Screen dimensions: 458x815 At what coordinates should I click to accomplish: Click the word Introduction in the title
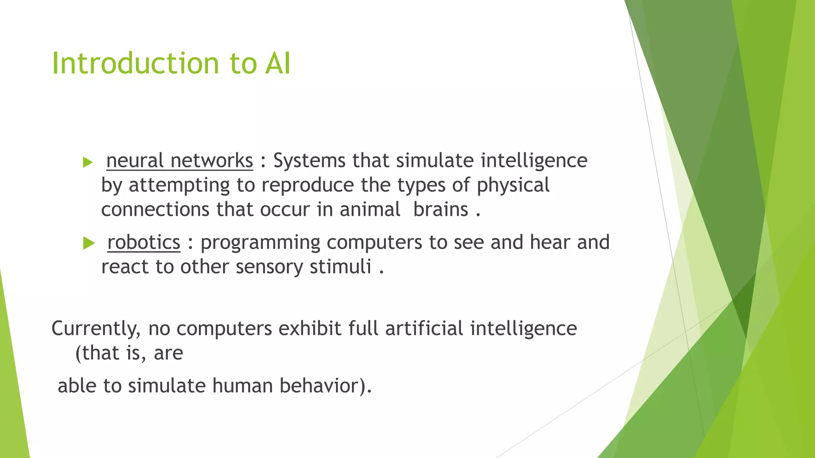135,64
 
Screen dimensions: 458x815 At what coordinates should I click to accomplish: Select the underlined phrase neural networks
179,161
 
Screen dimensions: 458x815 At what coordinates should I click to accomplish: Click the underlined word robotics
144,243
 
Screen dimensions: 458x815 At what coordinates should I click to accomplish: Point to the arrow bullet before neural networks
88,162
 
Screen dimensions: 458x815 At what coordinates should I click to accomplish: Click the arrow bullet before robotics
89,243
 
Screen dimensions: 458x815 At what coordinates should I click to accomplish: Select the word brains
441,210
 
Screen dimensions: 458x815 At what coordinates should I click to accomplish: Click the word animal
370,210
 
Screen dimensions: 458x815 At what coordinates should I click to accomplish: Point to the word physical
513,186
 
